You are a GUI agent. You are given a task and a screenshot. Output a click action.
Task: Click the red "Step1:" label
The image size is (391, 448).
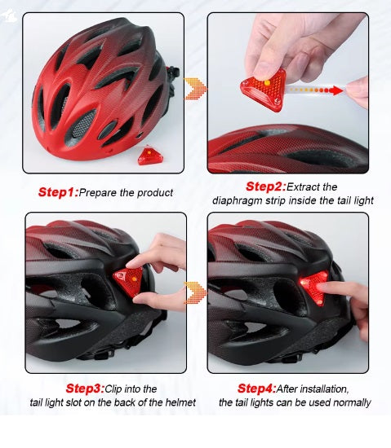(x=59, y=192)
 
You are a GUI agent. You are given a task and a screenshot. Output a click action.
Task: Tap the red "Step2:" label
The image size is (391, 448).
(x=266, y=187)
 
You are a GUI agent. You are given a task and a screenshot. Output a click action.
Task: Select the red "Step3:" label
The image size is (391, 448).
(x=86, y=389)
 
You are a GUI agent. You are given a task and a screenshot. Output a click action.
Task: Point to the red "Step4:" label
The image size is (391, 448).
(x=257, y=389)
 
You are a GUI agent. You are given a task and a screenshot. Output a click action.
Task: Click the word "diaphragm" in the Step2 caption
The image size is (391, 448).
(x=238, y=200)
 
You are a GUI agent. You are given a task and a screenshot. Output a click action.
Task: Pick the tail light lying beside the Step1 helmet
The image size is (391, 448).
(x=149, y=156)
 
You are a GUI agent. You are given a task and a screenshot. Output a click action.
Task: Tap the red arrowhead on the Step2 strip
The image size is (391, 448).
(x=336, y=91)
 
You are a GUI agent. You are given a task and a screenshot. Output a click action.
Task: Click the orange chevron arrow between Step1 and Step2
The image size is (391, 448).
(x=195, y=88)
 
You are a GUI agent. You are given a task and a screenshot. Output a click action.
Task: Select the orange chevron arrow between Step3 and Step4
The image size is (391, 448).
(x=195, y=293)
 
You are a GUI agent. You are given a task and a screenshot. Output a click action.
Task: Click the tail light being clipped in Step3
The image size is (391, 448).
(x=128, y=281)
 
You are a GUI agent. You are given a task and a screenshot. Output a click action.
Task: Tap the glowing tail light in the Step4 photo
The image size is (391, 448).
(x=314, y=287)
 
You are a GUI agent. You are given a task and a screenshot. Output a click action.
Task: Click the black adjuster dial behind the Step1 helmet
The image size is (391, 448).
(x=172, y=72)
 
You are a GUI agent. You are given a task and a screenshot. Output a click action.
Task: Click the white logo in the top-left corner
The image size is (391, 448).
(x=8, y=16)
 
